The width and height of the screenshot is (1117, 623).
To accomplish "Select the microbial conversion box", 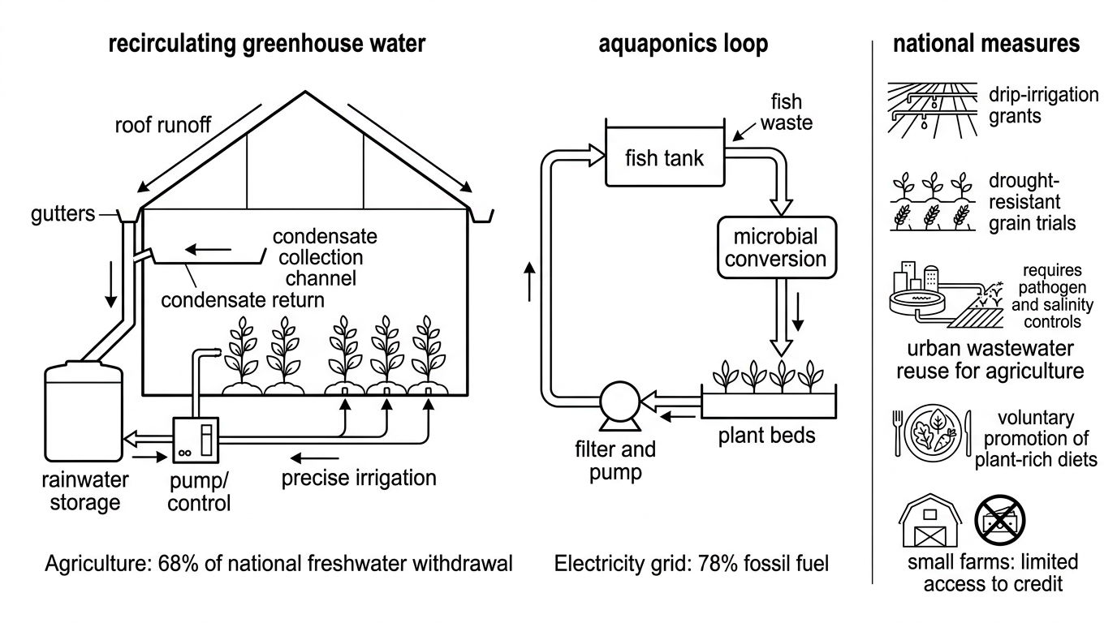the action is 776,247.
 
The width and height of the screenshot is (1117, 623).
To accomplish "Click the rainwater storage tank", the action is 84,411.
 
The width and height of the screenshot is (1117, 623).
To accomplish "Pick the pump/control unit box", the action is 196,440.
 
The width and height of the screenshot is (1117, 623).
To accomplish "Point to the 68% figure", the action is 175,564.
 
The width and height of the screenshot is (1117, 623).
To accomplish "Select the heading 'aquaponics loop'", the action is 684,44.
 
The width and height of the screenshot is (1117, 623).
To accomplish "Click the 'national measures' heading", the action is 986,43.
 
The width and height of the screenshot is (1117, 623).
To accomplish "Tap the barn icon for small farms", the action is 930,521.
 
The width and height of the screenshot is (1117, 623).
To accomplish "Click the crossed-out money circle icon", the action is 1000,520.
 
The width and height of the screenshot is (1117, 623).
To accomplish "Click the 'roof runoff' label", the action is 163,125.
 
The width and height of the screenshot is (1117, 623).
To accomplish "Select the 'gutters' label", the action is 63,214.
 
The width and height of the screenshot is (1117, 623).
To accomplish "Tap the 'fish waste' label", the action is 787,112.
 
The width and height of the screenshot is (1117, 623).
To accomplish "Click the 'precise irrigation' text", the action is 359,478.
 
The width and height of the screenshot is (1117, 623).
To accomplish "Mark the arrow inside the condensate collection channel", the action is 209,249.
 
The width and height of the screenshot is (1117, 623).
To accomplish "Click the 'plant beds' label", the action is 767,436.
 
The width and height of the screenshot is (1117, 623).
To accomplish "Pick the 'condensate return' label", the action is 243,300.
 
